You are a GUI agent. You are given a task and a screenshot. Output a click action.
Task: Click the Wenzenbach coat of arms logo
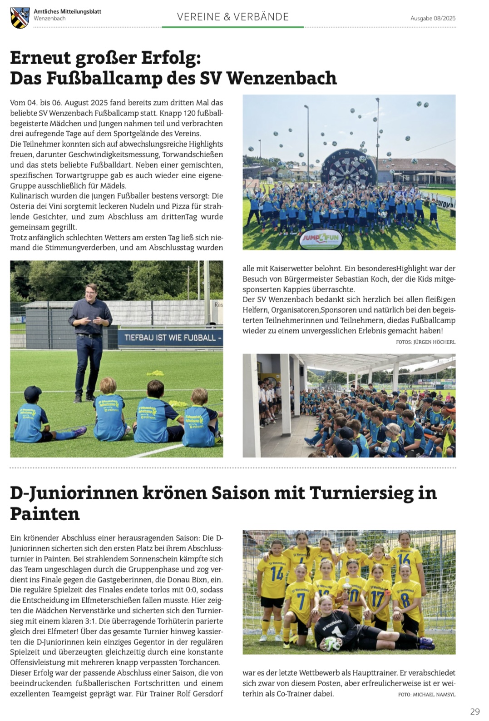(20, 18)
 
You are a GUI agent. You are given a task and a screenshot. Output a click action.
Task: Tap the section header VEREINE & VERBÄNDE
(233, 17)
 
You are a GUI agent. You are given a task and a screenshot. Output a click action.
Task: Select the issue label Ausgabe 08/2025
(433, 18)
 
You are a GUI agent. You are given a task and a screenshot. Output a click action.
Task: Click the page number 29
(474, 711)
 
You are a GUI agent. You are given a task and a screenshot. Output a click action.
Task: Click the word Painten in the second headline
(45, 514)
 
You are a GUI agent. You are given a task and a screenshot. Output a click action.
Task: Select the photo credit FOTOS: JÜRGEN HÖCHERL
(425, 342)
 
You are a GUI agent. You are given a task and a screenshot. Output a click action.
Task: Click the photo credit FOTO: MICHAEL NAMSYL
(426, 694)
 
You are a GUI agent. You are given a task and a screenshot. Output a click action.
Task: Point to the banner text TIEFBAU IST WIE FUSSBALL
(173, 338)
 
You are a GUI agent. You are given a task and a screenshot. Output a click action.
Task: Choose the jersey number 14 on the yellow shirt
(277, 574)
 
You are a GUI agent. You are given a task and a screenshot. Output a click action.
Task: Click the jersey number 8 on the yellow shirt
(405, 601)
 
